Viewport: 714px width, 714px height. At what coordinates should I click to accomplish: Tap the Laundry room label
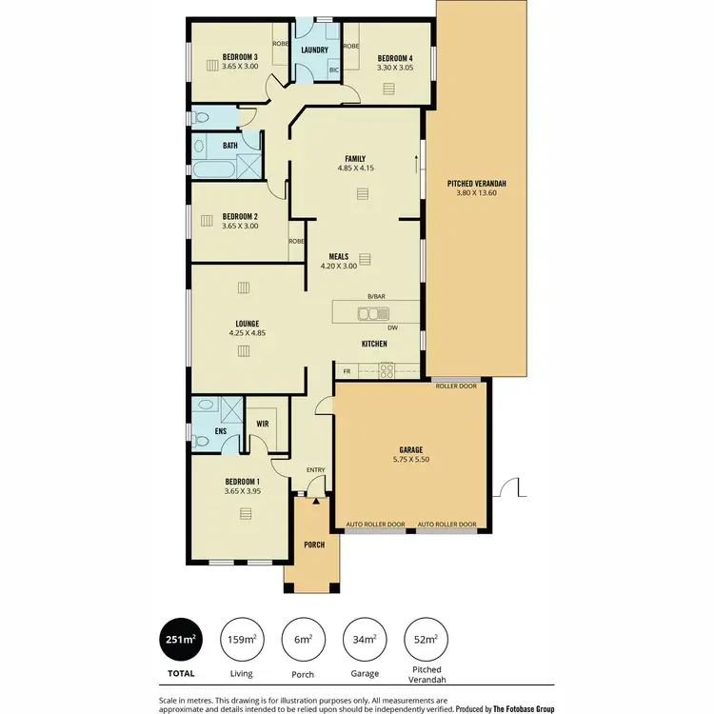pos(314,50)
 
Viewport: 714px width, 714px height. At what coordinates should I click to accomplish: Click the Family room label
pos(355,159)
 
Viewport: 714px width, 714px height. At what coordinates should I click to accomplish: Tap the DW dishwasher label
pos(391,328)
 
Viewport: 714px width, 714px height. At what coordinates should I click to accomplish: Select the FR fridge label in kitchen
pos(347,370)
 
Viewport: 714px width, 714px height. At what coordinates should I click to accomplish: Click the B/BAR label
pos(376,297)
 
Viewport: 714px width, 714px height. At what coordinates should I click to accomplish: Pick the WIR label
pos(262,424)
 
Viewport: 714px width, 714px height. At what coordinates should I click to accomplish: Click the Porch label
pos(313,545)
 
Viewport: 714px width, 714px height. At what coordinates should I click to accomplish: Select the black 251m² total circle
pos(181,640)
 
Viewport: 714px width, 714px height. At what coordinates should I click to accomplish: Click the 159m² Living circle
pos(242,640)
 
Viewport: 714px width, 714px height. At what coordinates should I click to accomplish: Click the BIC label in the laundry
pos(333,70)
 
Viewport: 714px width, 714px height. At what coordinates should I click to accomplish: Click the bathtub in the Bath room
pos(213,170)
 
